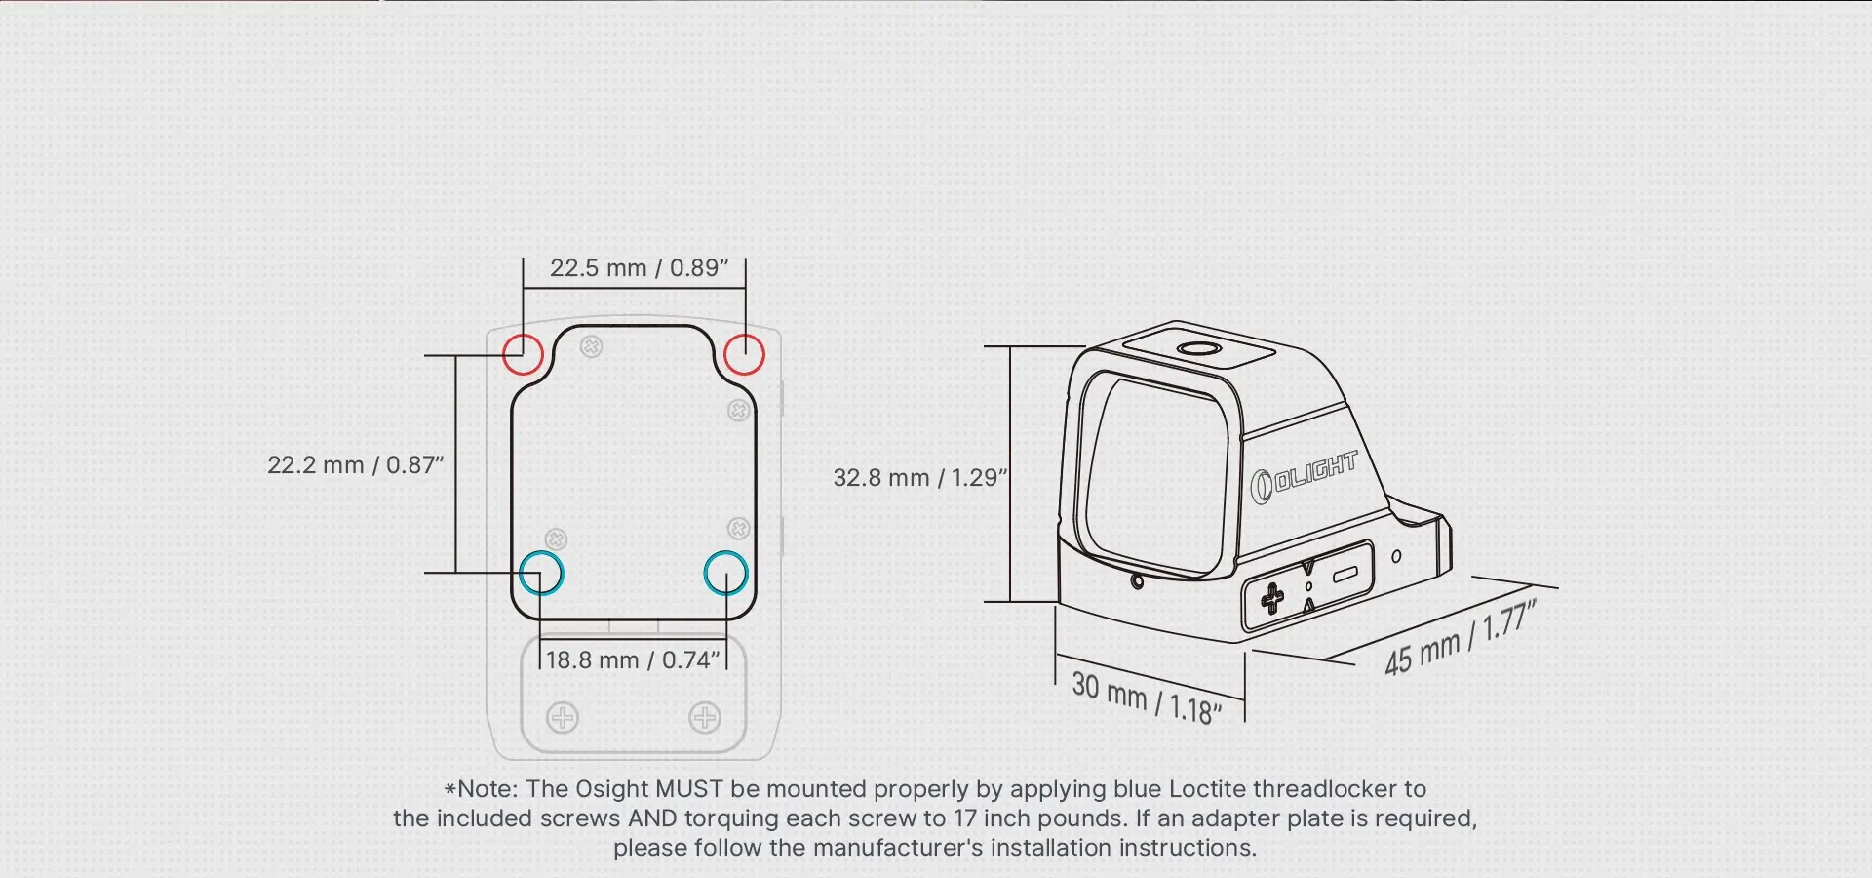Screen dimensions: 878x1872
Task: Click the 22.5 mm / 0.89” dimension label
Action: (x=639, y=268)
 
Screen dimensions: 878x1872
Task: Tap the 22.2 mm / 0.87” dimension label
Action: (x=355, y=465)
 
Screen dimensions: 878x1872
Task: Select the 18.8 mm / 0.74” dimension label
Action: (x=632, y=660)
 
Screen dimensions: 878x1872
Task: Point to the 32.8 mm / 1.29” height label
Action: (x=919, y=478)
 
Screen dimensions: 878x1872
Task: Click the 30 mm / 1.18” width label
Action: (x=1146, y=698)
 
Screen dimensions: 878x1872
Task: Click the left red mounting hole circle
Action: (x=523, y=353)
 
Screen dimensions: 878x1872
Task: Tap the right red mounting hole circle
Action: (x=745, y=353)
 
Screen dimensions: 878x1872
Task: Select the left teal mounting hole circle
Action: (x=541, y=573)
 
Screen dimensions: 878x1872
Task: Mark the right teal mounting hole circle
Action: (x=725, y=573)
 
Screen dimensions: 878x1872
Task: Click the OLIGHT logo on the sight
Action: (x=1305, y=475)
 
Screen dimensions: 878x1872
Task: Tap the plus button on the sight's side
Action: (x=1272, y=597)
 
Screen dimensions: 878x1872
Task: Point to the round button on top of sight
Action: (x=1198, y=349)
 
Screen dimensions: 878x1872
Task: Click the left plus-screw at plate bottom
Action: (x=563, y=718)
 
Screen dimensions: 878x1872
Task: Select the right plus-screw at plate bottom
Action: (x=705, y=718)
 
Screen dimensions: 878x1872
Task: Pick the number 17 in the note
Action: (x=966, y=818)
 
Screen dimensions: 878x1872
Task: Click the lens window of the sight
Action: (x=1155, y=473)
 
